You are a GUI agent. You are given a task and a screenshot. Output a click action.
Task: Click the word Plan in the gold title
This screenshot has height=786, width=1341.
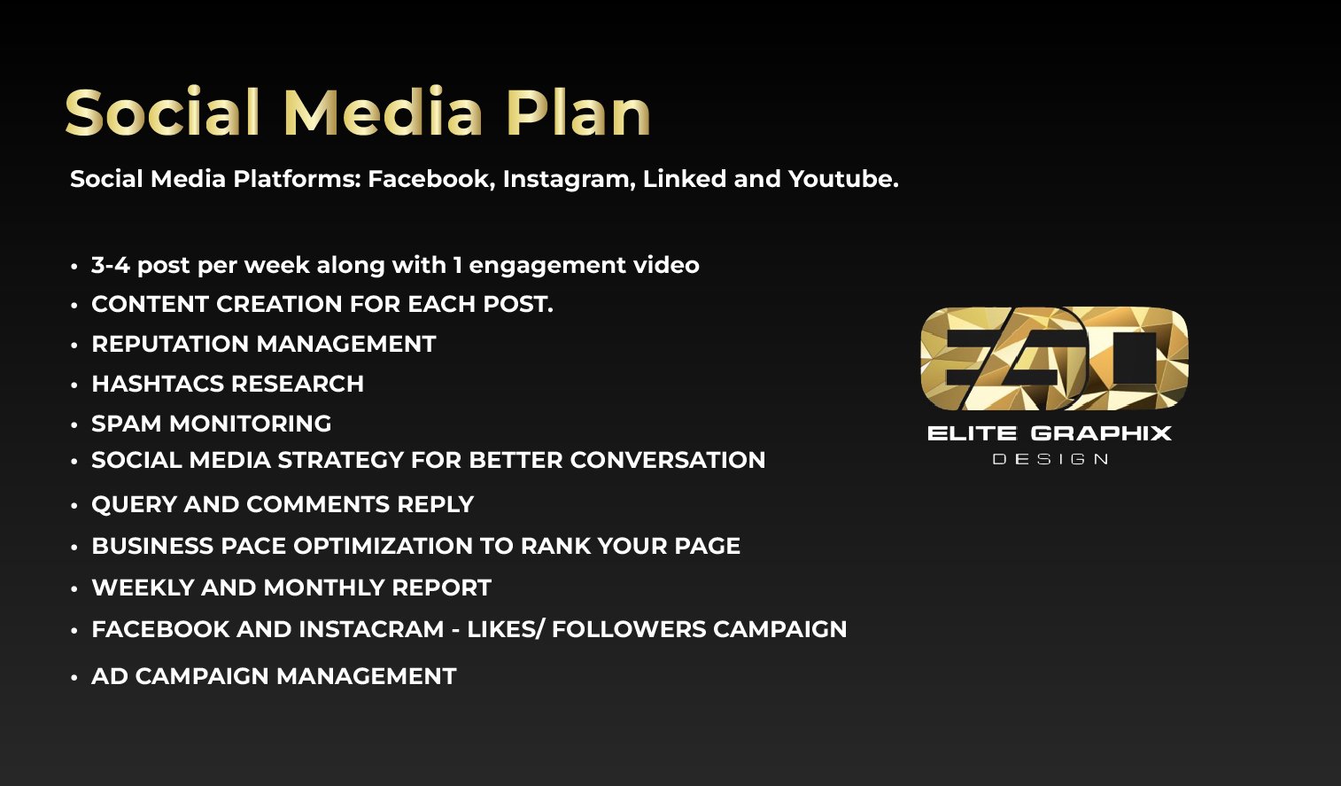point(579,112)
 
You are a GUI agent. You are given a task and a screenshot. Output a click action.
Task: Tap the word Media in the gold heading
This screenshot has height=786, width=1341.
point(384,112)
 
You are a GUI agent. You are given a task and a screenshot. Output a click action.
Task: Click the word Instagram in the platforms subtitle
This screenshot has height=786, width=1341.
point(568,180)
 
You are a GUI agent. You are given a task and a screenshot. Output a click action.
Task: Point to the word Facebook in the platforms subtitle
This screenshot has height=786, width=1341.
point(430,179)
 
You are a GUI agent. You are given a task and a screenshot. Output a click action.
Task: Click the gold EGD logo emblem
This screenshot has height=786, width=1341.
point(1054,358)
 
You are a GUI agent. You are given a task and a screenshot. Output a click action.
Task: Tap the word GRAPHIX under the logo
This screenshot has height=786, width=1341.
point(1101,432)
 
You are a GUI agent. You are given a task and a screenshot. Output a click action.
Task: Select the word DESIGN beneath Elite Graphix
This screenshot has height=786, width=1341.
point(1050,460)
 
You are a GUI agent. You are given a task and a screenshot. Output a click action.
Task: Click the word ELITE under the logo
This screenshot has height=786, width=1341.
point(972,432)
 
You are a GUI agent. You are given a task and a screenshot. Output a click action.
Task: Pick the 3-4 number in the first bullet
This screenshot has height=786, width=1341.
point(110,265)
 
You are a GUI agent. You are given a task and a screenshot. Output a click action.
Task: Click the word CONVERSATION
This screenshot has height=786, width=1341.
point(668,460)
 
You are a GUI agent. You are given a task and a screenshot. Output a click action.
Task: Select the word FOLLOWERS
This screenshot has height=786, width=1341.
point(629,629)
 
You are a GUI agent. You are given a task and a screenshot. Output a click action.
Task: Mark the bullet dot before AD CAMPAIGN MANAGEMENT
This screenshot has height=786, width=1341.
point(74,678)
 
